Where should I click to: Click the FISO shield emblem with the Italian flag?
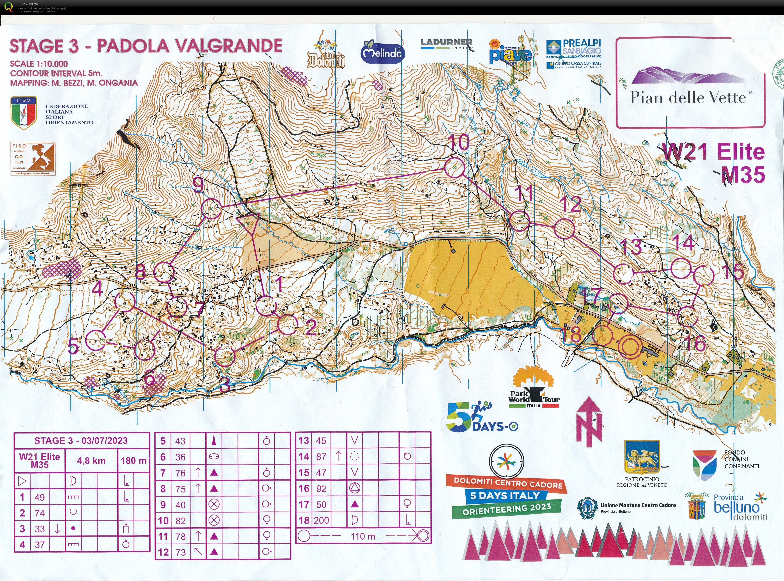pos(24,113)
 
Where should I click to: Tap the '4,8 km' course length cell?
pos(91,461)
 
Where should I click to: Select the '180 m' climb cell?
pos(134,461)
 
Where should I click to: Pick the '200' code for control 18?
pos(321,520)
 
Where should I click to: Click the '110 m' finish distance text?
pos(363,536)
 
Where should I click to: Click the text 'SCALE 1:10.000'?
pos(39,64)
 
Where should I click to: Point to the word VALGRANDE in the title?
pos(234,46)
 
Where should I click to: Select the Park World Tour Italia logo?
pos(534,390)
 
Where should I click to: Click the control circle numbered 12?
pos(564,229)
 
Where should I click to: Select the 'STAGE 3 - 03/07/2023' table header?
pos(81,441)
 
